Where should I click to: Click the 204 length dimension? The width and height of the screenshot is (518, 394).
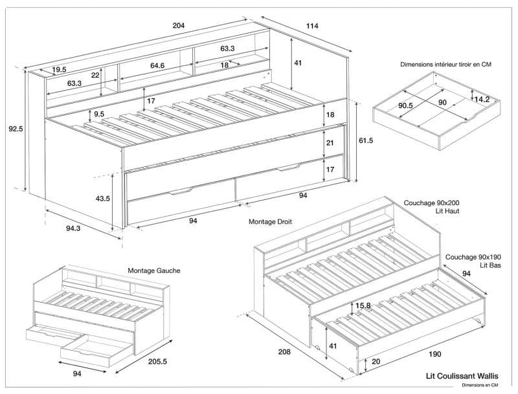(179, 25)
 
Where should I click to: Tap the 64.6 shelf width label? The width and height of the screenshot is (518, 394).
(157, 65)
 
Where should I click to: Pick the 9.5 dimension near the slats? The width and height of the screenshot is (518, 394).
(99, 115)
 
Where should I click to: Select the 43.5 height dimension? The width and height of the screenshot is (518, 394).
(102, 199)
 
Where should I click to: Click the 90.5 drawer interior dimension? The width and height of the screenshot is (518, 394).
(406, 105)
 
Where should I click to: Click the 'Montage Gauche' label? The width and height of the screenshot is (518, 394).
(154, 270)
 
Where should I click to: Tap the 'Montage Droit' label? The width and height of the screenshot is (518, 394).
(270, 221)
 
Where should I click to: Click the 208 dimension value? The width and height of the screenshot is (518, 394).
(283, 353)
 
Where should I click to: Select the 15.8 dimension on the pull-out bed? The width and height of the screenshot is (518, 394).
(363, 305)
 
